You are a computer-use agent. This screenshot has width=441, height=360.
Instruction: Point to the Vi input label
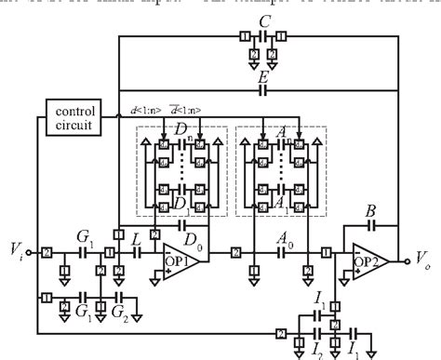[14, 250]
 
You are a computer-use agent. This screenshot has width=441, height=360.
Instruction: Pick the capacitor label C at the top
[266, 20]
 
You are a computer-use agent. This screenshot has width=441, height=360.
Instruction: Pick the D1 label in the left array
[180, 203]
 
